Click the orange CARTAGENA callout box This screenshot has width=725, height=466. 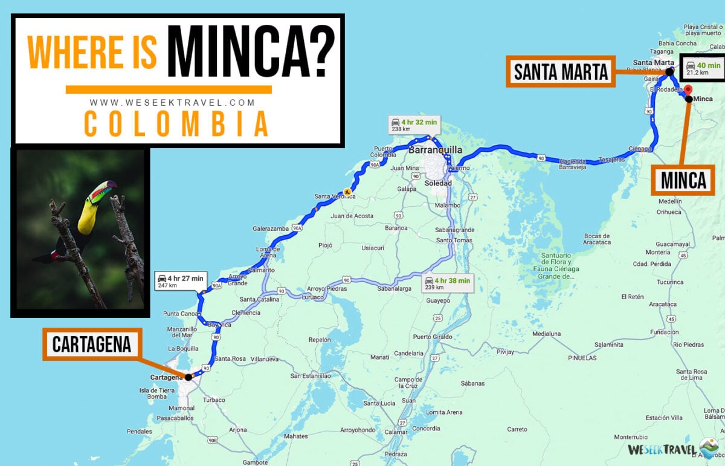pos(92,345)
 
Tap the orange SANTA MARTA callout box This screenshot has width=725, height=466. pos(561,72)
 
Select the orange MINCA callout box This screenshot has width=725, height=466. pos(683,180)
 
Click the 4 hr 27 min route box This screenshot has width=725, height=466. pos(181,280)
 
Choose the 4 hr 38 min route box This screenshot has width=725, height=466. pos(447,283)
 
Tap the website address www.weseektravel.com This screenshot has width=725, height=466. pos(172,103)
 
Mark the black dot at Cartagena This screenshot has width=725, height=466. pos(188,377)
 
